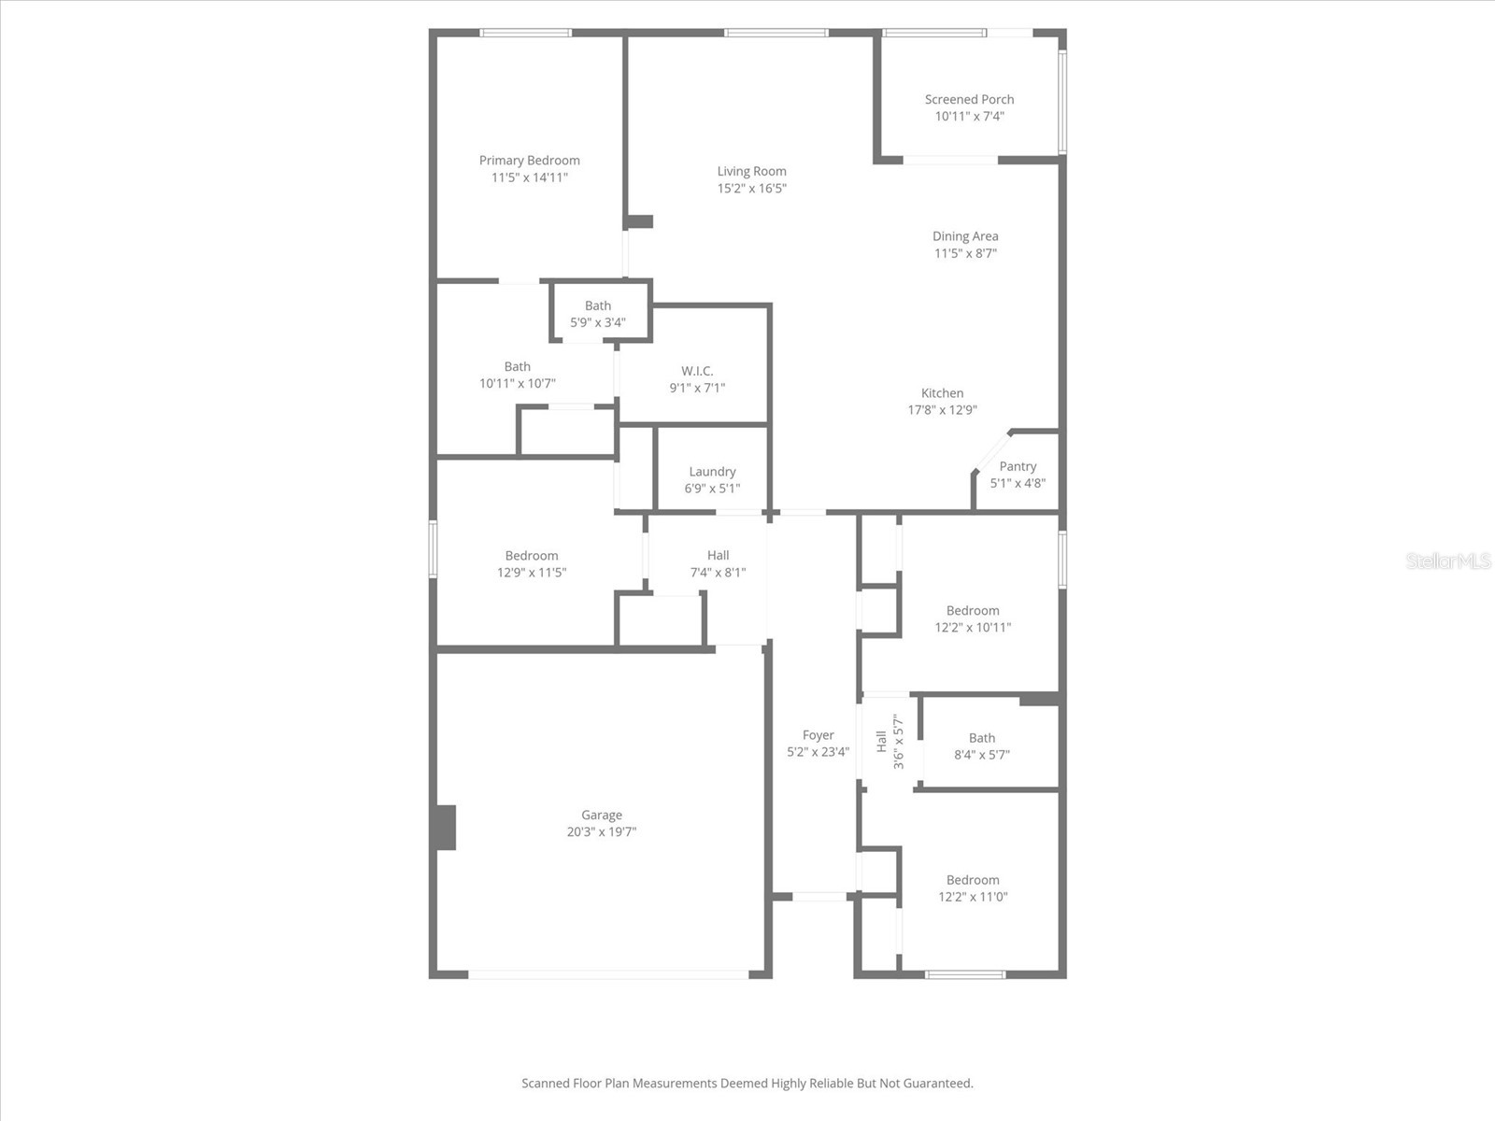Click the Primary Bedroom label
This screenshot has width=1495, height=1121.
[529, 161]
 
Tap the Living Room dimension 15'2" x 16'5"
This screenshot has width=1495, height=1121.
[751, 189]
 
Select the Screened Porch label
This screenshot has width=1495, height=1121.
[969, 100]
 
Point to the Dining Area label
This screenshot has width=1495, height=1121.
[965, 236]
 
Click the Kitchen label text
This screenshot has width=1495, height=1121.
[942, 393]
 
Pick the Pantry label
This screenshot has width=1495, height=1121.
[1018, 466]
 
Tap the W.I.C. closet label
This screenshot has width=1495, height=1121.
[697, 371]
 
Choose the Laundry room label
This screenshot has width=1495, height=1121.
[712, 472]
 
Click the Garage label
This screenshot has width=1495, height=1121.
[602, 816]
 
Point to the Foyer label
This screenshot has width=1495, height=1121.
[818, 735]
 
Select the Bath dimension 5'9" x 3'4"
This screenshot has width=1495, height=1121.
[598, 323]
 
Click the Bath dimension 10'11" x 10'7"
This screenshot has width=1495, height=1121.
[517, 384]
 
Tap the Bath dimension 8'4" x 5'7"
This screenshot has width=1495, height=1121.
[981, 755]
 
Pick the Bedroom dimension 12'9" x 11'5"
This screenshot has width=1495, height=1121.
[532, 573]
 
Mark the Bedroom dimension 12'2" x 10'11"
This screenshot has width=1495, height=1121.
[973, 628]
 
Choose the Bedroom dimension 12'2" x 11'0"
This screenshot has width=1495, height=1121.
[973, 897]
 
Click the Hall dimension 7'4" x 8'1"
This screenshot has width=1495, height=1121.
[718, 573]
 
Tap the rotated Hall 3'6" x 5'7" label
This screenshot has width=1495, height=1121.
[890, 742]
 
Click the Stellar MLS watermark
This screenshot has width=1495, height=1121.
[1448, 560]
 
